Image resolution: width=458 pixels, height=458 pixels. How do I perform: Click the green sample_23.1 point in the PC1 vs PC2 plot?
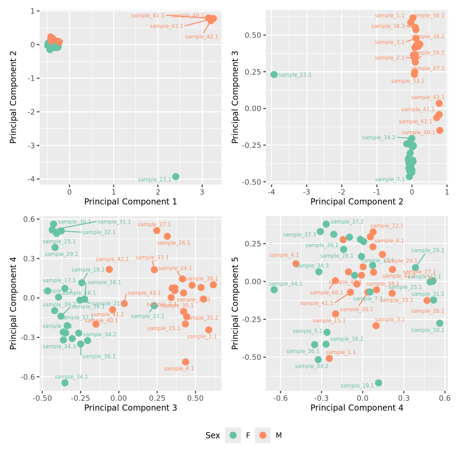coord(175,177)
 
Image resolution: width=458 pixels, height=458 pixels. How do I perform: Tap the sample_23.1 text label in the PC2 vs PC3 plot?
coord(295,75)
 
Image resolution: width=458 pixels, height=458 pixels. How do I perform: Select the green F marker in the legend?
coord(233,435)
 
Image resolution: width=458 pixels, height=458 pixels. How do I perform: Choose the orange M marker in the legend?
coord(263,435)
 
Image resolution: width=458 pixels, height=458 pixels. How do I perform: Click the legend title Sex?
coord(213,436)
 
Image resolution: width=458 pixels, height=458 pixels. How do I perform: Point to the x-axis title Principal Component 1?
coord(131,202)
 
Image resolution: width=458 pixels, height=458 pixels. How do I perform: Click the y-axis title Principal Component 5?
coord(235,303)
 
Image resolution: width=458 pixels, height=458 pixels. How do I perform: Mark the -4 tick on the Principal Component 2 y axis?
coord(33,179)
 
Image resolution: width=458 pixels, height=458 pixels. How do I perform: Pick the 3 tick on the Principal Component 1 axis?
coord(202,192)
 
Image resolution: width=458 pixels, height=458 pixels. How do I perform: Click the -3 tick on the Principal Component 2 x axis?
coord(306,192)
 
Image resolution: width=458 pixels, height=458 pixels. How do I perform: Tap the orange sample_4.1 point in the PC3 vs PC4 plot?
coord(186,362)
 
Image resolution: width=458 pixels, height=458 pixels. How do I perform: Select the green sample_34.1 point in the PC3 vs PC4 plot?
coord(65,383)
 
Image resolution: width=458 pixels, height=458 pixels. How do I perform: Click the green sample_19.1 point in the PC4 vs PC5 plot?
coord(378,383)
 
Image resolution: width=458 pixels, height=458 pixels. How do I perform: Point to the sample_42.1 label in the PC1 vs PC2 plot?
coord(201,37)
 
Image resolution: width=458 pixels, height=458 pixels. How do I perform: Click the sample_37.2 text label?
coord(347,222)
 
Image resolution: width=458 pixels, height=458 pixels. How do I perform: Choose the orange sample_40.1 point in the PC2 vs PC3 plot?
coord(440,131)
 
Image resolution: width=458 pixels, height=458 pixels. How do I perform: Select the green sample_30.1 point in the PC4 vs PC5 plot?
coord(440,323)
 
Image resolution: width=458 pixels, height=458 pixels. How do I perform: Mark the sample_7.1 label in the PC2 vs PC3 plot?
coord(390,180)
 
